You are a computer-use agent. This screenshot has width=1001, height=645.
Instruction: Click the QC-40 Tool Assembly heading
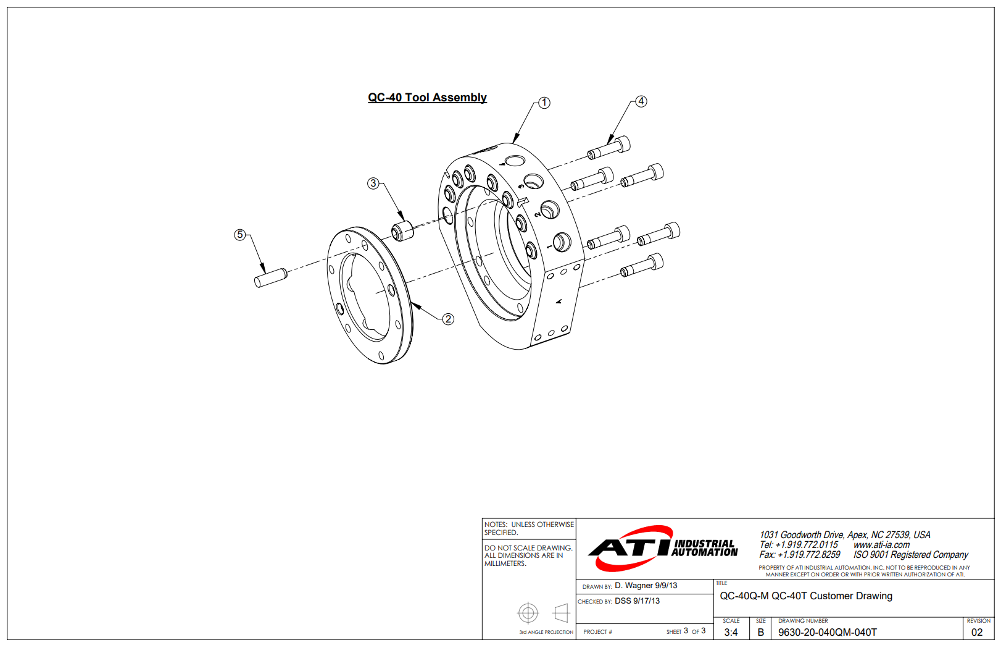[x=427, y=98]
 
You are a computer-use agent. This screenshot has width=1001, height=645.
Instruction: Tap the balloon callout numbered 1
[x=544, y=103]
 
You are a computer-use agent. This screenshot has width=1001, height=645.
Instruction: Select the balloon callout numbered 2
[x=448, y=319]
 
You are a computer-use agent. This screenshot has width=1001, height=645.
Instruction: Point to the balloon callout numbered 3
[x=373, y=183]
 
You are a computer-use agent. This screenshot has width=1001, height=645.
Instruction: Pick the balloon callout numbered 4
[x=641, y=101]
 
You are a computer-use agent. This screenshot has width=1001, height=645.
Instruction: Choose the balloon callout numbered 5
[x=240, y=235]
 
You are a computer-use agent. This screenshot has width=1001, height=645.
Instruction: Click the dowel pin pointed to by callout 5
[x=271, y=278]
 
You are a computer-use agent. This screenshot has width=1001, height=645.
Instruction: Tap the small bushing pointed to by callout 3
[x=402, y=231]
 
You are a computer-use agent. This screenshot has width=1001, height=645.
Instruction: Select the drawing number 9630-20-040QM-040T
[x=828, y=633]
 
